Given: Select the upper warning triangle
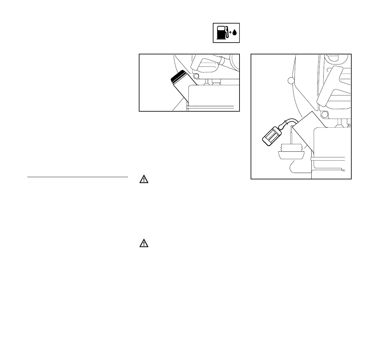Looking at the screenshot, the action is point(144,180).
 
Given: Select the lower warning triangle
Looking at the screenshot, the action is point(144,244).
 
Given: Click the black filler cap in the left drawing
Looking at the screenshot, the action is point(178,77).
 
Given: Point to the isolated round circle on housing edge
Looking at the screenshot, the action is point(290,80).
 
